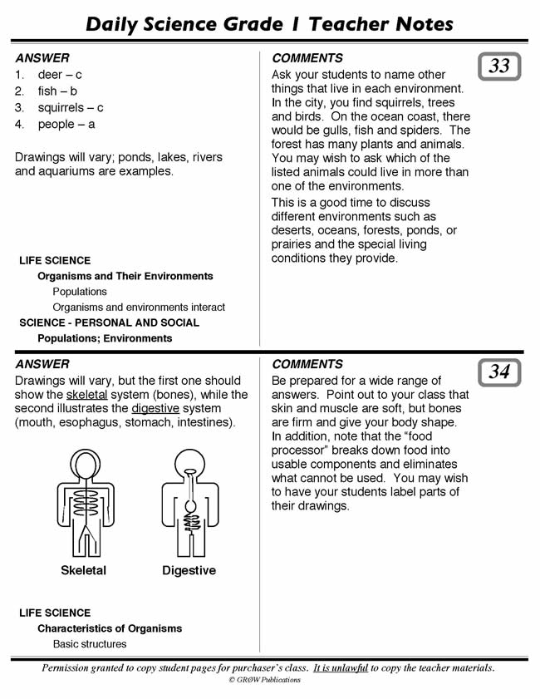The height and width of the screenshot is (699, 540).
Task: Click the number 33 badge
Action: [499, 66]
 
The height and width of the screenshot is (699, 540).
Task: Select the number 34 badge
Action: [499, 372]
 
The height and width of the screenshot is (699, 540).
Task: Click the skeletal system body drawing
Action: [83, 502]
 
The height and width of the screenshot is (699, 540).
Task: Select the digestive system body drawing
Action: [189, 502]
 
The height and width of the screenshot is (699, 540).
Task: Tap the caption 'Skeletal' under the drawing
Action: [83, 571]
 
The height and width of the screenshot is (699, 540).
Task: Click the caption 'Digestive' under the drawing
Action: [189, 571]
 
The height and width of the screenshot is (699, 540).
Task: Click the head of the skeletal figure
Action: [83, 461]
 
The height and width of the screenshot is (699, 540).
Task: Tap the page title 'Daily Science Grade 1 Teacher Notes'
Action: [270, 24]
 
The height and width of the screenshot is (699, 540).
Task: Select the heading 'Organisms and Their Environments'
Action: [125, 276]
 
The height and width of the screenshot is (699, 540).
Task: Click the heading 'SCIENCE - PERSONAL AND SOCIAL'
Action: [110, 322]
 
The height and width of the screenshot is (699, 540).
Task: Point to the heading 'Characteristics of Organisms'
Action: [110, 628]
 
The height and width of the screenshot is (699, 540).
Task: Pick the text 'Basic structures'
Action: [90, 644]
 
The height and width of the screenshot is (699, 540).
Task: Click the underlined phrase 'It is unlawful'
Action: [341, 668]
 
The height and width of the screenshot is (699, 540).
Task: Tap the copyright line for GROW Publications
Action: [264, 680]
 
